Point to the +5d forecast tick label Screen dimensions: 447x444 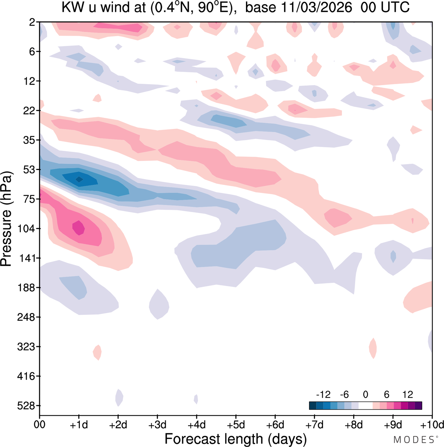click(x=236, y=425)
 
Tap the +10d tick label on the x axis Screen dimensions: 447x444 click(x=432, y=425)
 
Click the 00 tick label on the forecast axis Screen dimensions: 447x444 click(x=40, y=425)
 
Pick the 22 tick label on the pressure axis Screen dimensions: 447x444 click(x=30, y=111)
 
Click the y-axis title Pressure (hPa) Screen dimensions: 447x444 click(x=6, y=219)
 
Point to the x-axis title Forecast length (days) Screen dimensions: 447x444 click(x=236, y=439)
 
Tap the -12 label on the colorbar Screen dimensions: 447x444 click(x=323, y=395)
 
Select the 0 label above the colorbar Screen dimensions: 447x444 click(x=366, y=395)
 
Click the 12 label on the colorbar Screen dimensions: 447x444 click(x=408, y=395)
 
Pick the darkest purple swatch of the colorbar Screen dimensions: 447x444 click(x=418, y=405)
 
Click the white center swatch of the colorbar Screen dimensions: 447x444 click(x=366, y=405)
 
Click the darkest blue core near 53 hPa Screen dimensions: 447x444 click(x=79, y=179)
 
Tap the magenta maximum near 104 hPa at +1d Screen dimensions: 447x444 click(x=79, y=228)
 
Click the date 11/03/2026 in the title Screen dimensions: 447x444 click(x=316, y=7)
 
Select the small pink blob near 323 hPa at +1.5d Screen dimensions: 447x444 click(x=97, y=352)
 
